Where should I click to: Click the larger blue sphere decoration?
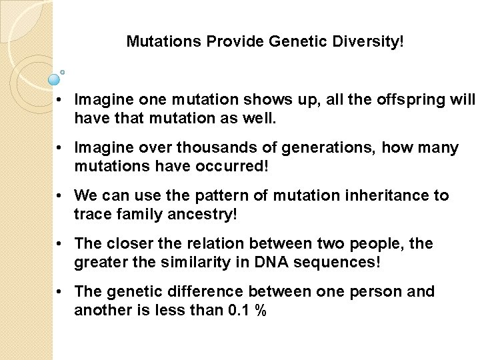(x=55, y=80)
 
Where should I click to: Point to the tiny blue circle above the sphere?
(x=63, y=71)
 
